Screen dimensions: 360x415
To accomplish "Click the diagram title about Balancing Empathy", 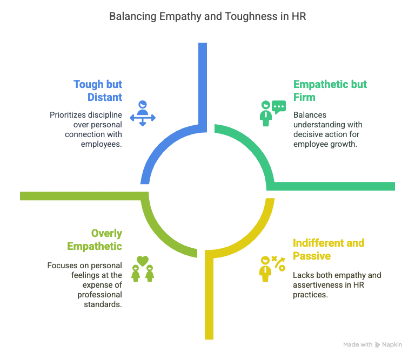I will point(207,16).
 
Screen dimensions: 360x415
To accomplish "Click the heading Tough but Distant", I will point(98,91).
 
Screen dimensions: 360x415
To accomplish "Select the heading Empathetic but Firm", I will point(330,91).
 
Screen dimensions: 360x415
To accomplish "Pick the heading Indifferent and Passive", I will point(329,249).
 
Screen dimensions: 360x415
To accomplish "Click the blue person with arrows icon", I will point(142,113).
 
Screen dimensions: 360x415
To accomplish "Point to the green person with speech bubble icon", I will point(272,113).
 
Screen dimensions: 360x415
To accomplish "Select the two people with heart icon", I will point(142,268).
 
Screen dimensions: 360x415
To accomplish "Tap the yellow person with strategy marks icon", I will point(272,268).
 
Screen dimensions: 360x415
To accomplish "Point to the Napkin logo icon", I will point(377,345).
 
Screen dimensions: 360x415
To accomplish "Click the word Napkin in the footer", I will point(392,345).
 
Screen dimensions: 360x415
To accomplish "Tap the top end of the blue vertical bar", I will point(203,44).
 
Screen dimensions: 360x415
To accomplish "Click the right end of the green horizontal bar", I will point(393,186).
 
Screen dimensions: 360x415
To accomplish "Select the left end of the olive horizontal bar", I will point(22,196).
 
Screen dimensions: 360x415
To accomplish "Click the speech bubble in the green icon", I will point(279,107).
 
